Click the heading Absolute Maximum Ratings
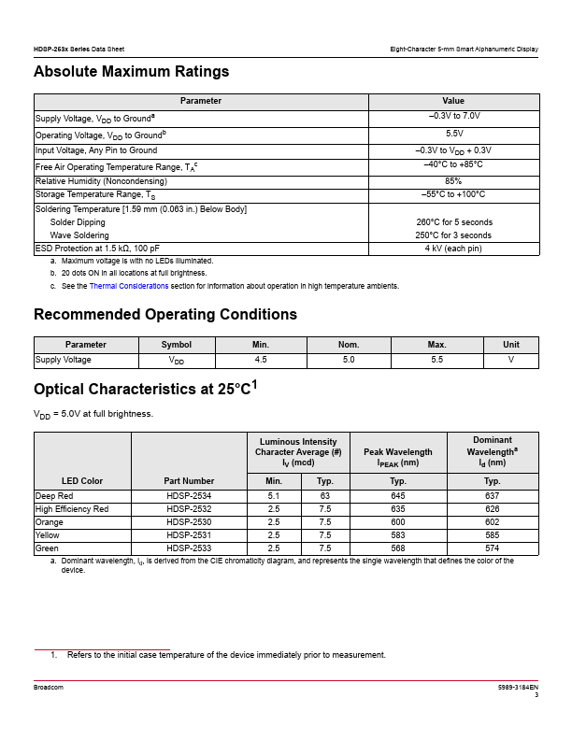coord(131,71)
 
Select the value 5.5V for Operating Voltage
coord(454,135)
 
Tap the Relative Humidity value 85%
coord(454,180)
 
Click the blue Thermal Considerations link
coord(129,286)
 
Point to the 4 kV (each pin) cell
coord(454,249)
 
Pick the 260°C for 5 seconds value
coord(454,222)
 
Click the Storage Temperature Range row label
coord(95,195)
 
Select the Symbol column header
coord(177,345)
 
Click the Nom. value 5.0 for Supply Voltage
coord(350,360)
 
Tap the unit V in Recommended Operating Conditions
coord(511,360)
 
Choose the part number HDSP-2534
coord(189,495)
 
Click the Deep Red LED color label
coord(55,495)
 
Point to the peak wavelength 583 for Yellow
coord(398,534)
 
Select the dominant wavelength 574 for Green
coord(493,548)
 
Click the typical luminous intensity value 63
coord(325,495)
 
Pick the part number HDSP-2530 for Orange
coord(189,521)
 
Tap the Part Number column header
coord(189,481)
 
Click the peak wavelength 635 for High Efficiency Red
coord(398,508)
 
